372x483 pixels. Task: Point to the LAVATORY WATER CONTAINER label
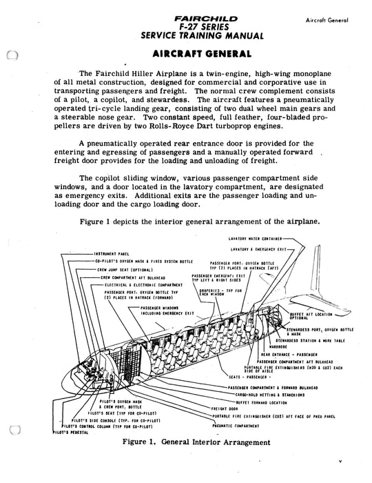tap(259, 238)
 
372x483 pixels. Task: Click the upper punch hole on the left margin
tap(10, 58)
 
